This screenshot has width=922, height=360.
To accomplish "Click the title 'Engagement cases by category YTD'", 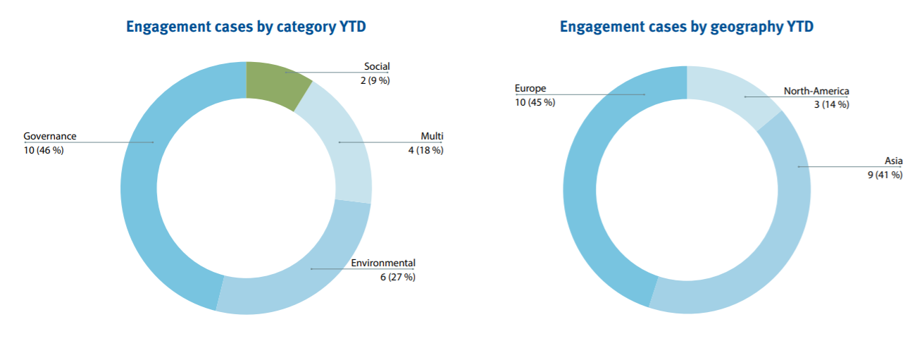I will pyautogui.click(x=246, y=27).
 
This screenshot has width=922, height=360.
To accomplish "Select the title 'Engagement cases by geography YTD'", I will pyautogui.click(x=687, y=27).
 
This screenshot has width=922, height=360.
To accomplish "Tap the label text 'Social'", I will pyautogui.click(x=377, y=66).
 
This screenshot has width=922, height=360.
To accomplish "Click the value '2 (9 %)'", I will pyautogui.click(x=375, y=80).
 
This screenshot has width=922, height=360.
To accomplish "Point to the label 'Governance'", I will pyautogui.click(x=50, y=136).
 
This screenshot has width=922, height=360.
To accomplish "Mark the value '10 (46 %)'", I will pyautogui.click(x=44, y=149).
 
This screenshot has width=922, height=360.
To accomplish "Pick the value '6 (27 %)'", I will pyautogui.click(x=397, y=277).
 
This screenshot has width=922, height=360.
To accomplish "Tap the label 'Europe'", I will pyautogui.click(x=530, y=89).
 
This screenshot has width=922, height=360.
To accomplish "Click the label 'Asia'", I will pyautogui.click(x=893, y=161).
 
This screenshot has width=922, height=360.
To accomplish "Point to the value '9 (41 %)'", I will pyautogui.click(x=885, y=175).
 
